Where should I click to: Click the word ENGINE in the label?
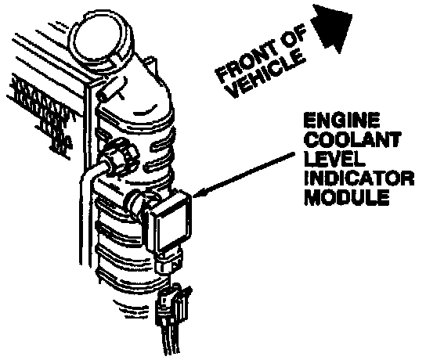[341, 121]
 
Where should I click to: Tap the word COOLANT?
[352, 139]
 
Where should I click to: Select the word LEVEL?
[334, 159]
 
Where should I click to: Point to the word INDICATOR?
[359, 178]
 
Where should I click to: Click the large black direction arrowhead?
[332, 27]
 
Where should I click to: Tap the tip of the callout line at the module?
[193, 196]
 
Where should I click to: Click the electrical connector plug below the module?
[173, 305]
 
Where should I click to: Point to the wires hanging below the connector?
[171, 340]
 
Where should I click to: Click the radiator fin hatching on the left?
[41, 114]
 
